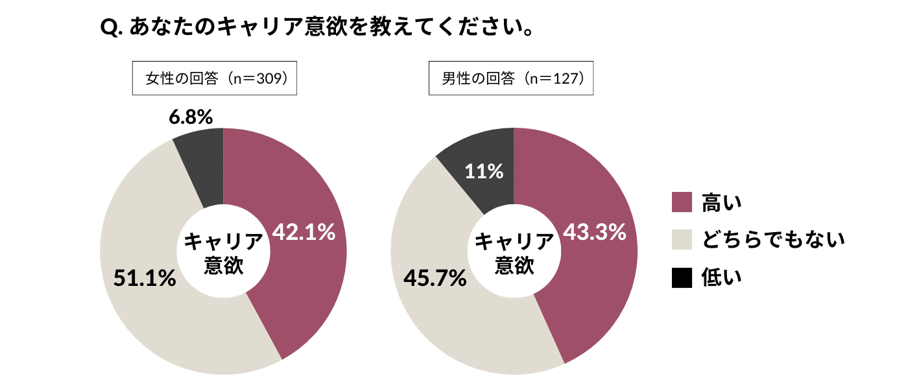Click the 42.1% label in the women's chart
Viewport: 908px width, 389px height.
pos(304,231)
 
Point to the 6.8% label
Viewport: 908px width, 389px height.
pos(191,117)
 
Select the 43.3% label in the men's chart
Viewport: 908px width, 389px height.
pos(594,231)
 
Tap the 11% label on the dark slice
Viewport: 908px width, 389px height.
pos(484,171)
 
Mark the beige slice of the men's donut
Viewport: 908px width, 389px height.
pos(454,324)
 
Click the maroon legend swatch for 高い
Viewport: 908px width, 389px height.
pos(682,202)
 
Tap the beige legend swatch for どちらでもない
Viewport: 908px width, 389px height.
pos(682,240)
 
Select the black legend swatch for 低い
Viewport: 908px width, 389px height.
pos(682,277)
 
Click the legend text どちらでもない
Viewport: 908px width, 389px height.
pos(774,240)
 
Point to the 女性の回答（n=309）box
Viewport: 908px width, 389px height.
pos(215,78)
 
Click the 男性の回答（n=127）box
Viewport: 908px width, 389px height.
pos(511,78)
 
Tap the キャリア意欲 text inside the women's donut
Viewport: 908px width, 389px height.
pos(224,253)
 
